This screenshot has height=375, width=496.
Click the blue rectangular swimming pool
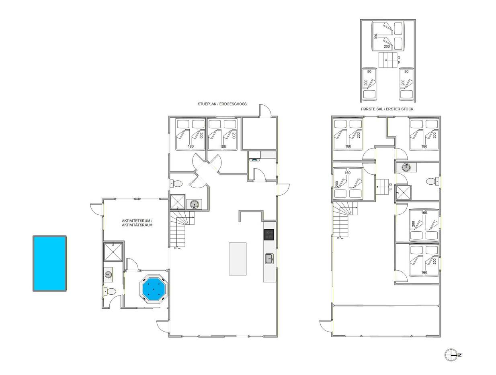[x=49, y=263]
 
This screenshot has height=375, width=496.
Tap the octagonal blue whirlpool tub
[x=154, y=289]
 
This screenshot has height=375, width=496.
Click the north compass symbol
[x=451, y=355]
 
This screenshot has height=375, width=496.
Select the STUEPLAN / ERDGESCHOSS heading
[x=222, y=104]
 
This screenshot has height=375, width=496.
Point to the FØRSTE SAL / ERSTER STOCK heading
[x=387, y=109]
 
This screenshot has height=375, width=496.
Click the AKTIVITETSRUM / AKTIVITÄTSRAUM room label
[x=137, y=223]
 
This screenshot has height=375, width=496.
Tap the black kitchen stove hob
[x=268, y=234]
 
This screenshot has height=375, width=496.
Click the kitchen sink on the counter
[x=269, y=259]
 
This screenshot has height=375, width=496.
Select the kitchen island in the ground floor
[x=238, y=259]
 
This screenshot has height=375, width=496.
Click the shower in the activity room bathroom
[x=113, y=252]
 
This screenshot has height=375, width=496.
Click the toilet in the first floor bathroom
[x=432, y=181]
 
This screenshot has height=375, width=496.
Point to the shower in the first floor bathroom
[x=404, y=192]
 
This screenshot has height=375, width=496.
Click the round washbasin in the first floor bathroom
[x=406, y=167]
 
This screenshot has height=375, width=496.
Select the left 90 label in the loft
[x=369, y=71]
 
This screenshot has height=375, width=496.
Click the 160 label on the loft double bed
[x=375, y=37]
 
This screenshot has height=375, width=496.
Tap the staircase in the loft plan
[x=388, y=60]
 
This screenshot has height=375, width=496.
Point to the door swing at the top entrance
[x=265, y=110]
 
